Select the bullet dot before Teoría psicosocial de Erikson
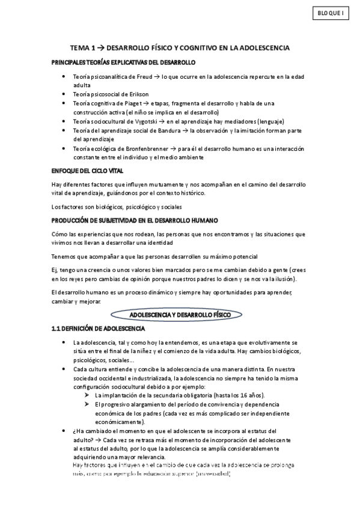(64, 94)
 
